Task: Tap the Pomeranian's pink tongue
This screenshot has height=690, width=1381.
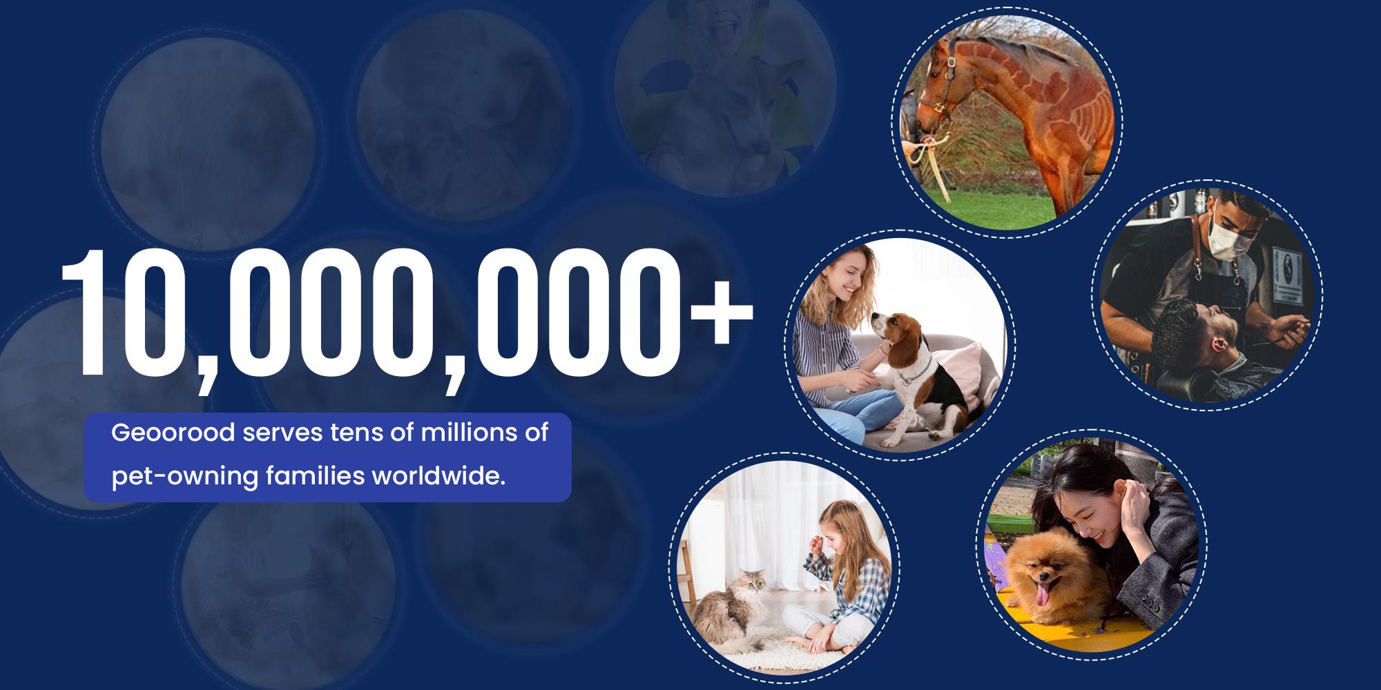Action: pos(1046,592)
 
